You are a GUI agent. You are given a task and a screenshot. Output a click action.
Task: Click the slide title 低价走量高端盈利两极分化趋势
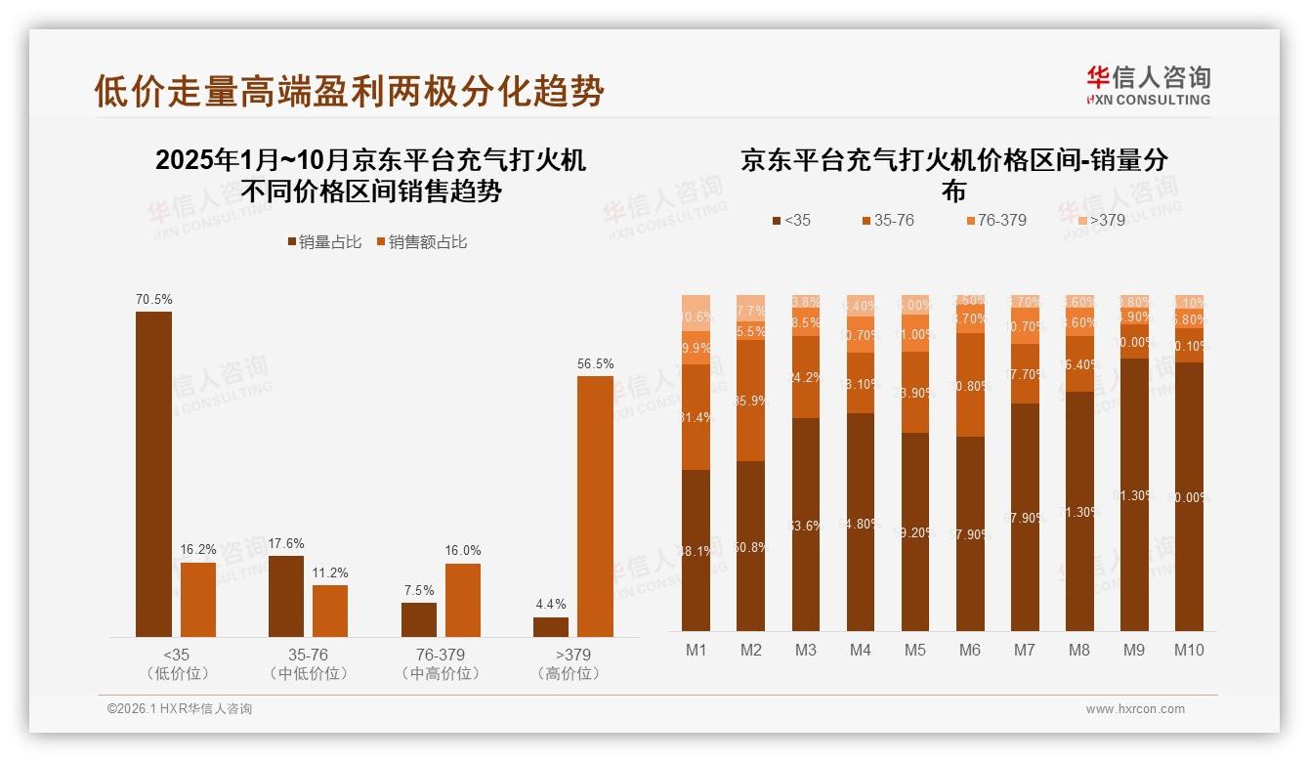(x=349, y=91)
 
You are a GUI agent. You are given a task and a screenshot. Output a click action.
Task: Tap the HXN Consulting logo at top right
(x=1148, y=85)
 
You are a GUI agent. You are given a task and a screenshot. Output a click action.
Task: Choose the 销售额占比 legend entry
(x=421, y=241)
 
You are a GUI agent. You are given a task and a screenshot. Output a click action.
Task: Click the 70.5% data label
(x=153, y=299)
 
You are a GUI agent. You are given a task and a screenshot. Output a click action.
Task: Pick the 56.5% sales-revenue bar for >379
(x=595, y=506)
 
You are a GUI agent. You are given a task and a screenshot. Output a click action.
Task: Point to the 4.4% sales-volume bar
(x=551, y=626)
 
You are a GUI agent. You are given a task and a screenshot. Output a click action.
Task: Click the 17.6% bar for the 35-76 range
(x=286, y=596)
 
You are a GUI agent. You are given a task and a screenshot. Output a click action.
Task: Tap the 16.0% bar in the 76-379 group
(x=463, y=600)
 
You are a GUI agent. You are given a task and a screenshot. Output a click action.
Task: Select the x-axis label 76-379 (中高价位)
(x=441, y=663)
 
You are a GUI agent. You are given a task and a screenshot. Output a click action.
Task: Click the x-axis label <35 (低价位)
(x=177, y=663)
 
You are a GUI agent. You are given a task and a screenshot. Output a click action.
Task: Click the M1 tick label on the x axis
(x=696, y=650)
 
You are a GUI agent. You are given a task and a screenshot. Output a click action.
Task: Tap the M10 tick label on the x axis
(x=1189, y=650)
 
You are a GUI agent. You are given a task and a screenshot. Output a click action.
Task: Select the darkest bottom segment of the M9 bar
(x=1134, y=494)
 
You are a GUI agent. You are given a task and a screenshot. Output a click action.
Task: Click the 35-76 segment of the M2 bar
(x=750, y=401)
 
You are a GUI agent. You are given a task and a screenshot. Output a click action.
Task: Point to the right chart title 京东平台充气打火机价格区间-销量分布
(x=953, y=174)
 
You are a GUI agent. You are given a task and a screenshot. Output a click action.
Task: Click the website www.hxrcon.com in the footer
(x=1135, y=709)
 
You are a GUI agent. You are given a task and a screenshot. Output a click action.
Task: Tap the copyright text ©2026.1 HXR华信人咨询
(x=180, y=709)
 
